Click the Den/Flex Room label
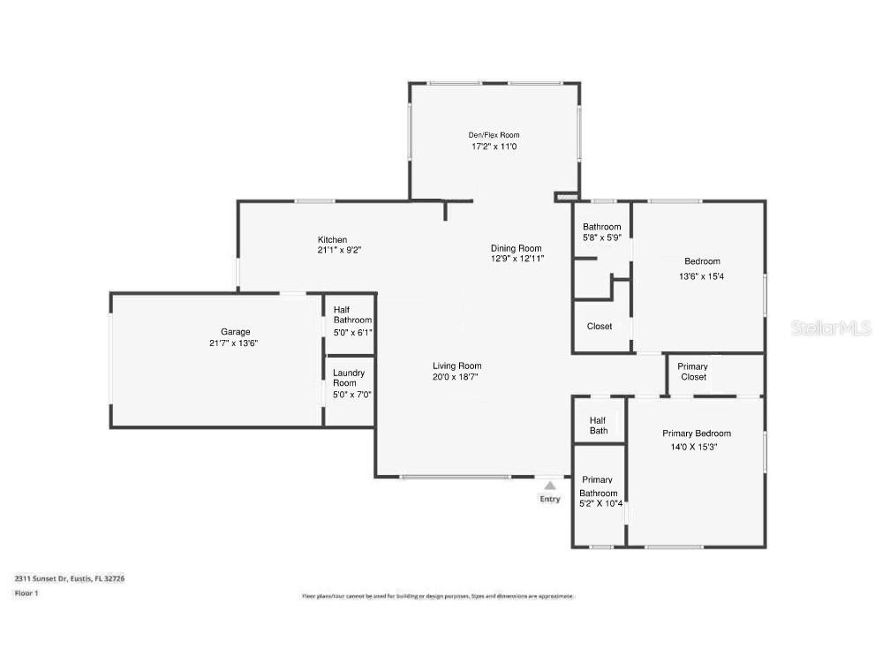(494, 135)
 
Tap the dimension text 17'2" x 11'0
(494, 147)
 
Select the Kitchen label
(333, 240)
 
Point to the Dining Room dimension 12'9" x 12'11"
(517, 259)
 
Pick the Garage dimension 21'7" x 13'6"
(233, 343)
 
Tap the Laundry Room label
(349, 378)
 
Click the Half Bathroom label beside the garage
(351, 314)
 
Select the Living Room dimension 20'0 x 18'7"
(456, 377)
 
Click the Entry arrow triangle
(550, 485)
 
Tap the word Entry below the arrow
(550, 499)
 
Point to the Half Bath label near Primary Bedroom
(599, 425)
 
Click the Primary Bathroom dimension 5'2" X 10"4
(600, 504)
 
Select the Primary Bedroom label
(697, 434)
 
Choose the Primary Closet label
(693, 372)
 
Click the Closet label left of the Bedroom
(600, 327)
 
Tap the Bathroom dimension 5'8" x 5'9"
(602, 238)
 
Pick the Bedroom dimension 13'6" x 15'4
(702, 276)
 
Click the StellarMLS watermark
(831, 328)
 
